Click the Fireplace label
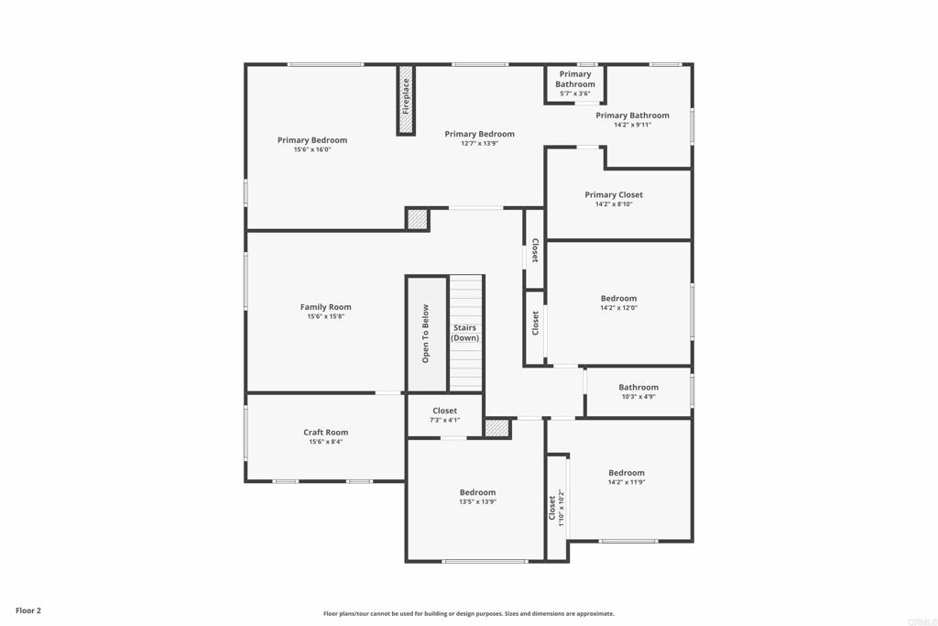coord(406,96)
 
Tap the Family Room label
coord(326,307)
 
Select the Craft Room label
coord(326,432)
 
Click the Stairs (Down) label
coord(464,333)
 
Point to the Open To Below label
coord(425,334)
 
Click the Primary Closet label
coord(614,194)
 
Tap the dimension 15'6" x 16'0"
coord(312,149)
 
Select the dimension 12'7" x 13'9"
coord(480,144)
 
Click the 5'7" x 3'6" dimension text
coord(575,93)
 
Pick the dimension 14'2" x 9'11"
coord(632,125)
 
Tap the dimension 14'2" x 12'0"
coord(619,308)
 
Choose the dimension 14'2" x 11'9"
coord(627,482)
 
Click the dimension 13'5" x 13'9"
coord(478,502)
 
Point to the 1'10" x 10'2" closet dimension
coord(562,508)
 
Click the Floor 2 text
coord(28,610)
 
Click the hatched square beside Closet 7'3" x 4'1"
coord(497,428)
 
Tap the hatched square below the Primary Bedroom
coord(417,219)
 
